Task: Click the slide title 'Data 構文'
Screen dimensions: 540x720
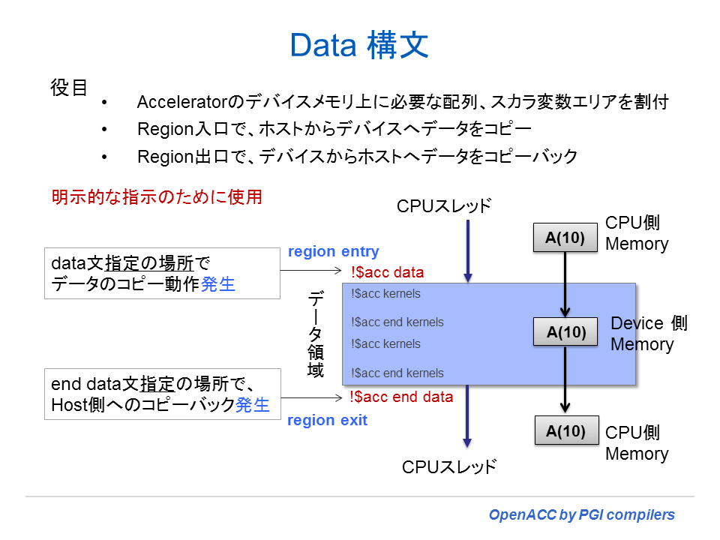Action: (359, 46)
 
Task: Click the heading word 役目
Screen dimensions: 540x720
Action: (69, 88)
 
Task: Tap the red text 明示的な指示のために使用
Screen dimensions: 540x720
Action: (157, 197)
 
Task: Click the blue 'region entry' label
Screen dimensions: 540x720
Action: (333, 252)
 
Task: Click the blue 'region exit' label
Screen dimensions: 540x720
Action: (327, 420)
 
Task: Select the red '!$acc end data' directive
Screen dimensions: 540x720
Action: (401, 397)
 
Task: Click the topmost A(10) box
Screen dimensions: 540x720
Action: (565, 238)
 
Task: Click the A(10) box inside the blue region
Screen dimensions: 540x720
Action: (565, 331)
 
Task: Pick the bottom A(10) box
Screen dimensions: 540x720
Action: (565, 431)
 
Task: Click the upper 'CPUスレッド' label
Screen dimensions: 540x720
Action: (444, 205)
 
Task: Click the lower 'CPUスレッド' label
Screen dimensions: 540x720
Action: (448, 466)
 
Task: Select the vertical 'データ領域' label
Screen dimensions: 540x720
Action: (316, 334)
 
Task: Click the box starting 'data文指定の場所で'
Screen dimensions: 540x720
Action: (162, 273)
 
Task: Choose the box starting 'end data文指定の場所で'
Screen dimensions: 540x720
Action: (162, 394)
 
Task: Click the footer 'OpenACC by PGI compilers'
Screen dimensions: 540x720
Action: (581, 514)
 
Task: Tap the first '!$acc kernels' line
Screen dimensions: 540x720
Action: (385, 294)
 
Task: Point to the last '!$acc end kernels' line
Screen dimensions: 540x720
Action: (397, 373)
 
